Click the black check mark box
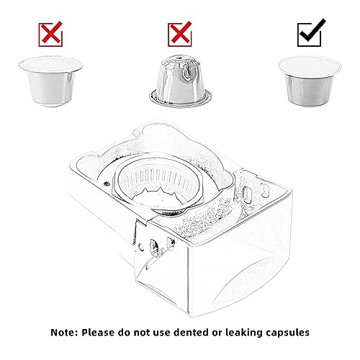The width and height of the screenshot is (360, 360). (309, 34)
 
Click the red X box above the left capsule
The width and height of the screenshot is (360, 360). (50, 34)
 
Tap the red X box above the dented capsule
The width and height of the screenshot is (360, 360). (180, 34)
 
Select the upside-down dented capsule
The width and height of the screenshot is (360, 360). (181, 81)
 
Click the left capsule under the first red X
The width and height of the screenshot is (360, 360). (51, 81)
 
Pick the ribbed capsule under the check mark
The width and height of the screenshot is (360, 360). (310, 81)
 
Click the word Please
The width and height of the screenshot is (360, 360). (98, 333)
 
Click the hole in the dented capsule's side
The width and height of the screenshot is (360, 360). (186, 72)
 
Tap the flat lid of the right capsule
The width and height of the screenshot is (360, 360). (310, 66)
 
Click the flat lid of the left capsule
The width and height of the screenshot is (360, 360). (51, 65)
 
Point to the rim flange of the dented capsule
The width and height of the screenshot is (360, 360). (181, 99)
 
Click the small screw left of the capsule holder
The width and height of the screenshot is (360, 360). (107, 184)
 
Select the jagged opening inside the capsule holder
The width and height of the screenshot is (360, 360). (158, 197)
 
